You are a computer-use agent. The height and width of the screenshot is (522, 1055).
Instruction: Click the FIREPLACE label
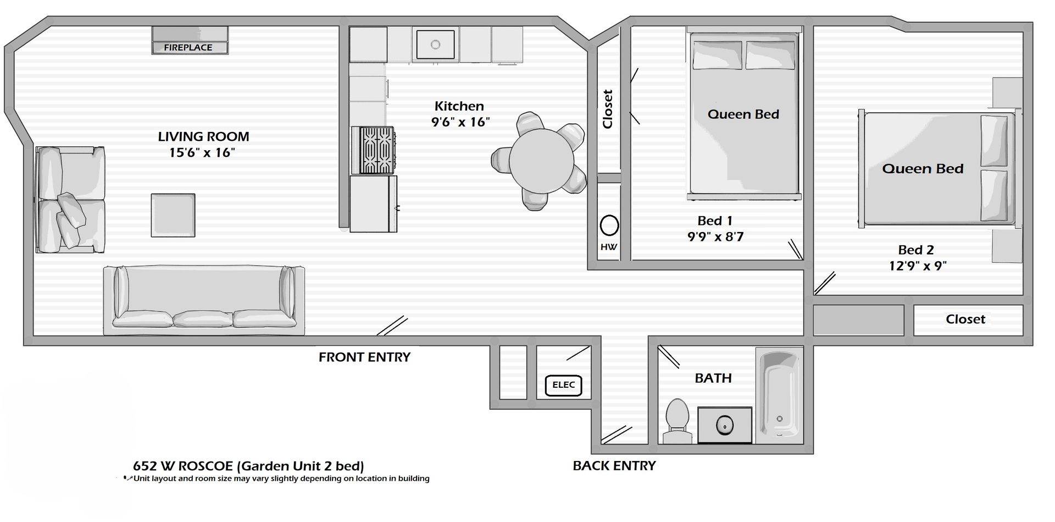(188, 47)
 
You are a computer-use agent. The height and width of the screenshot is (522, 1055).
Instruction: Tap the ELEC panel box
(563, 385)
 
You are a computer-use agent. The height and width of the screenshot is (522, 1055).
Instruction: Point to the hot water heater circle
(609, 226)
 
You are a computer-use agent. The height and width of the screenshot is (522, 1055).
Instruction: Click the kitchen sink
(435, 44)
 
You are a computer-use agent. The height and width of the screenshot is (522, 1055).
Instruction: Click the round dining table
(541, 161)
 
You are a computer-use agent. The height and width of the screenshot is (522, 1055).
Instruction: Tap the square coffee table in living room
(173, 215)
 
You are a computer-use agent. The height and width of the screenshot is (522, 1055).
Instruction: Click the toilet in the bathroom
(677, 421)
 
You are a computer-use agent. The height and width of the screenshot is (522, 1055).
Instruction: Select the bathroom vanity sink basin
(725, 425)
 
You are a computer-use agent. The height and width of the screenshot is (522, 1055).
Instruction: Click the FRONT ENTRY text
(364, 357)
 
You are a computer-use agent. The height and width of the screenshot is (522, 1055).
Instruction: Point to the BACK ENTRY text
(614, 466)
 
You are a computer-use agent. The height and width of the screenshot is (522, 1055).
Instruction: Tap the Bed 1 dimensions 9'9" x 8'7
(715, 237)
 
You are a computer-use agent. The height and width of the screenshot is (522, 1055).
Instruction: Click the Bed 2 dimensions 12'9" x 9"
(918, 266)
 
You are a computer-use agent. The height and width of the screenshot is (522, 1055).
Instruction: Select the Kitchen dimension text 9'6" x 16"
(460, 122)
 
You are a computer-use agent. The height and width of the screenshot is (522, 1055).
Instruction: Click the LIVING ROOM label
(203, 136)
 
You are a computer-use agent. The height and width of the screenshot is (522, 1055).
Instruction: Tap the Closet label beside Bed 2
(965, 319)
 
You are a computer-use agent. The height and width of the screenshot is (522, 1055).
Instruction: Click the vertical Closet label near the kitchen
(608, 109)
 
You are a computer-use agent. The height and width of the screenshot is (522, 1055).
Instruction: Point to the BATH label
(713, 378)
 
